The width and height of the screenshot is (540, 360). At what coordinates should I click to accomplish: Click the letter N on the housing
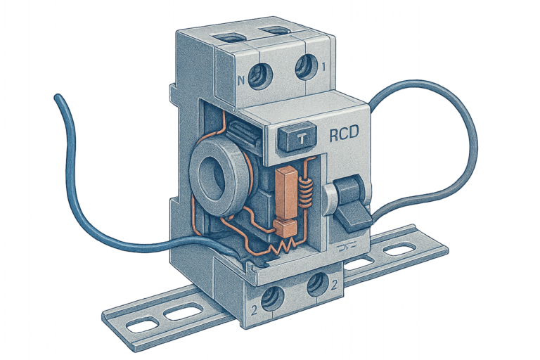pos(241,81)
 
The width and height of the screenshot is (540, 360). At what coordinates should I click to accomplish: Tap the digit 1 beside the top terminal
pos(323,67)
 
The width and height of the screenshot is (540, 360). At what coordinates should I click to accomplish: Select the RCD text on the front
pos(344,134)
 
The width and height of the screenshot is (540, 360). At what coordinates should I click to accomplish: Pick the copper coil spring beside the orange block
pos(306,192)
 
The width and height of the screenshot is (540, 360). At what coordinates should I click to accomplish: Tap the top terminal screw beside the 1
pos(307,67)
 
